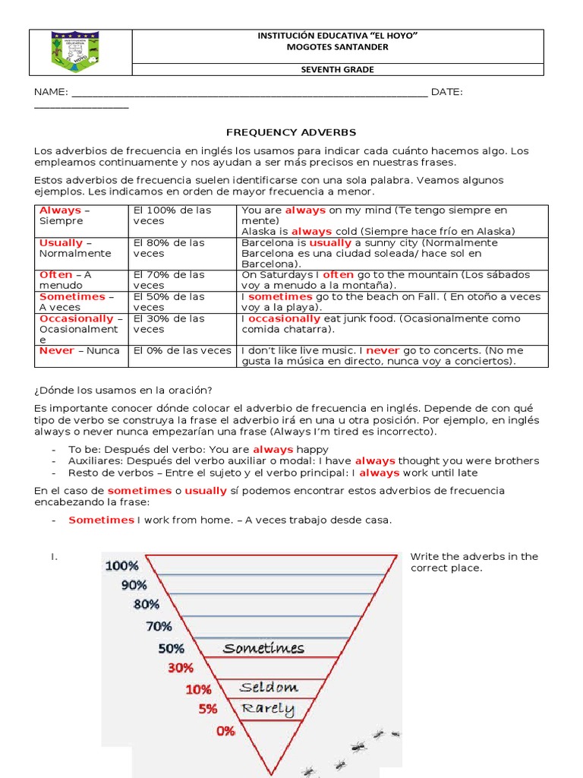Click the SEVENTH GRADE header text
338,70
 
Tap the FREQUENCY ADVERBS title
291,132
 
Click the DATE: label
446,92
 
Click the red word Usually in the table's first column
61,243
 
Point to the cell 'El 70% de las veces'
169,280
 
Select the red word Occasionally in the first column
76,319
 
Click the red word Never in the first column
57,350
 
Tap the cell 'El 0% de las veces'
182,350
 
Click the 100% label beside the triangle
121,565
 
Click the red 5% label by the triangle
207,709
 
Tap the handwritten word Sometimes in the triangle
263,648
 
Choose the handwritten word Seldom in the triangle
269,688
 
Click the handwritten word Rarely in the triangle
267,709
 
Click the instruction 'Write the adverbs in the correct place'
474,562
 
